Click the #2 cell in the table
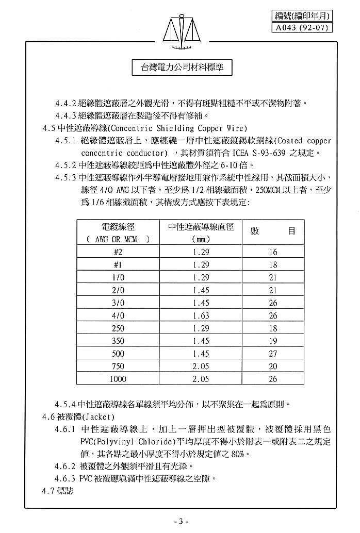[x=118, y=252]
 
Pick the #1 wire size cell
[x=118, y=265]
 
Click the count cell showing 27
[x=273, y=354]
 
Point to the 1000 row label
[x=118, y=379]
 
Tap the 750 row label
[x=118, y=367]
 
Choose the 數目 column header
[x=273, y=231]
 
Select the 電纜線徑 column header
[x=118, y=227]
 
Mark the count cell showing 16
[x=273, y=252]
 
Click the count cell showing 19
[x=273, y=341]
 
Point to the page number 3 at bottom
[x=181, y=522]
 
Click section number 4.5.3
[x=66, y=177]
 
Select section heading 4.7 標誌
[x=58, y=490]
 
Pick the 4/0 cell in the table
[x=118, y=315]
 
